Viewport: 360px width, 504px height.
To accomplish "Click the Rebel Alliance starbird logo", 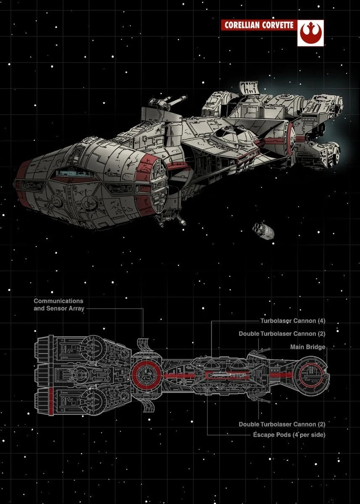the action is tap(310, 33).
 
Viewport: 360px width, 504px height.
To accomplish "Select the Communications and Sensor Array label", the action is tap(59, 304).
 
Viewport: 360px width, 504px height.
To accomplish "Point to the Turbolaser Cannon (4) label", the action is tap(293, 321).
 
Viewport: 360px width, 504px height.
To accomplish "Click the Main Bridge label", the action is tap(308, 347).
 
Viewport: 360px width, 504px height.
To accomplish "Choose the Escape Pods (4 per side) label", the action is tap(289, 435).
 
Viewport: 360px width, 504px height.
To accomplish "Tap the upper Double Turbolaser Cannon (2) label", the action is tap(282, 333).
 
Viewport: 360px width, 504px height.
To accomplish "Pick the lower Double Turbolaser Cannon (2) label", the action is tap(282, 424).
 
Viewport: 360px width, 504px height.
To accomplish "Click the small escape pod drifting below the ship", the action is tap(263, 231).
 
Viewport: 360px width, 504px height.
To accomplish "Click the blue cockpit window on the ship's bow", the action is tap(71, 173).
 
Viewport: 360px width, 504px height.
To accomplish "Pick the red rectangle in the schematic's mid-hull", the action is tap(227, 375).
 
